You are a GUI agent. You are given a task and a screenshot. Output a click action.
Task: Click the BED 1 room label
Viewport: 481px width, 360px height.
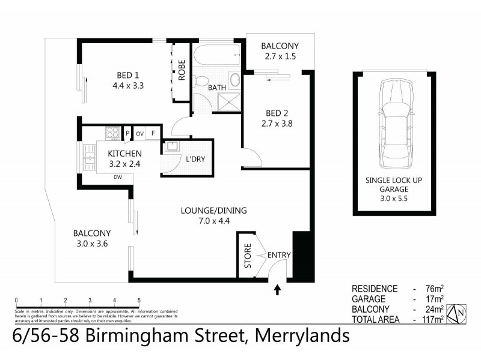127,76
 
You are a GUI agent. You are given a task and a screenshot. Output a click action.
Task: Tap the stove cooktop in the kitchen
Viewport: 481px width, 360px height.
112,133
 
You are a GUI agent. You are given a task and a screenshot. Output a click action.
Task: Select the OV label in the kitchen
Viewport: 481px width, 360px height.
139,133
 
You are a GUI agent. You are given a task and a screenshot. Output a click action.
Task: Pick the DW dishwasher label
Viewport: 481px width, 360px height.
118,177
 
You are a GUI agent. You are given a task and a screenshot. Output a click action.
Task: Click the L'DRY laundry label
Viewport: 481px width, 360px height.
196,158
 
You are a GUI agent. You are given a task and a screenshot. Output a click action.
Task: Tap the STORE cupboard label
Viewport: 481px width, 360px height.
247,254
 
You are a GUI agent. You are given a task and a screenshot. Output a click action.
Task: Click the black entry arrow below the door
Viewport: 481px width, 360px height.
277,290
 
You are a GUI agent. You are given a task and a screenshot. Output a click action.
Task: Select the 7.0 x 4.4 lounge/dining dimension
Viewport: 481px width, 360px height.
213,220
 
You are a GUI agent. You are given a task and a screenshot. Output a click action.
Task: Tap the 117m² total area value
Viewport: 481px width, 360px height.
434,319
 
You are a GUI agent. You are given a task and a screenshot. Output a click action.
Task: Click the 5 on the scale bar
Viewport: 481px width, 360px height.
139,300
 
